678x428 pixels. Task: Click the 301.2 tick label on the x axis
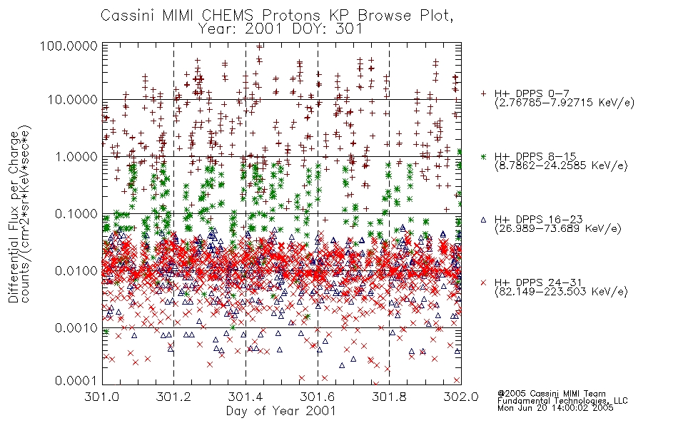(173, 397)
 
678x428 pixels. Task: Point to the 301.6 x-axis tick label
(318, 397)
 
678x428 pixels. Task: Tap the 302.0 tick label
(461, 397)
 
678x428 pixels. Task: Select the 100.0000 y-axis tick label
(69, 46)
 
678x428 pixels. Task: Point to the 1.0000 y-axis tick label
(76, 156)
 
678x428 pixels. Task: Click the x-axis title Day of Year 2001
(281, 411)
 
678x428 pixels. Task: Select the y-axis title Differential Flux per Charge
(14, 217)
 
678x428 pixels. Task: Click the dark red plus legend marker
(483, 93)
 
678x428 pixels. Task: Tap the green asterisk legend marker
(483, 156)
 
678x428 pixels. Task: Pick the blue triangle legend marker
(483, 220)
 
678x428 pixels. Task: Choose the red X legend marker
(483, 282)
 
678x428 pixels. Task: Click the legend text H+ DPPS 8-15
(535, 156)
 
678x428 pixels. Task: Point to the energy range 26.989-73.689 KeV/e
(558, 228)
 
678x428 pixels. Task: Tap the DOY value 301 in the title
(350, 29)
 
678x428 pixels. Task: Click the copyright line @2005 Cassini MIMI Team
(551, 394)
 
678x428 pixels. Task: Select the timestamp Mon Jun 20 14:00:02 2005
(555, 408)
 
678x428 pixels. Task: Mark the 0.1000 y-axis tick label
(76, 213)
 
